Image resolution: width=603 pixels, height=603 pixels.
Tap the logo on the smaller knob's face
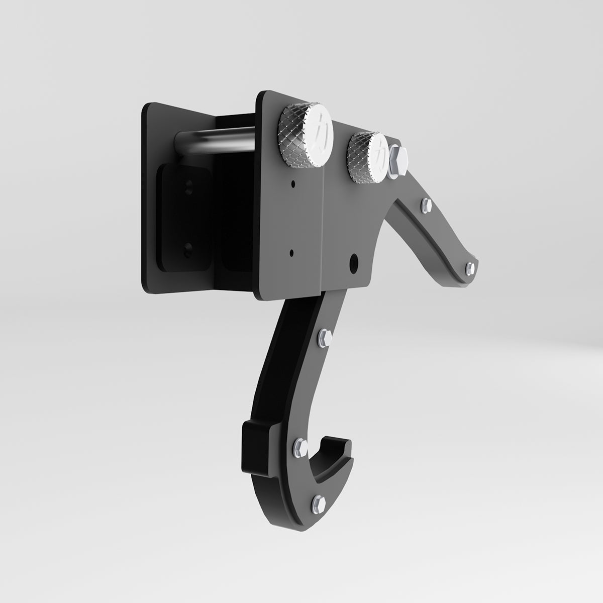(380, 155)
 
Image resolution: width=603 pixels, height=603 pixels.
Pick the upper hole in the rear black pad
(188, 187)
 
